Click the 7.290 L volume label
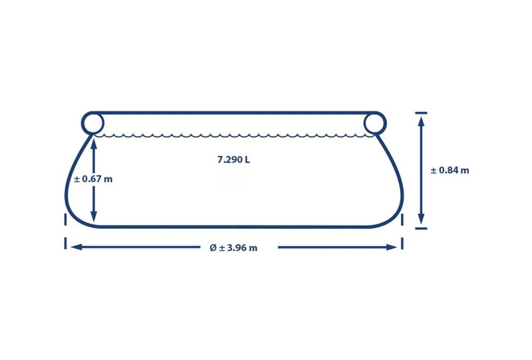tap(233, 159)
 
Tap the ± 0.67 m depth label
tap(93, 179)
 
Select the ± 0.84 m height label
tap(450, 170)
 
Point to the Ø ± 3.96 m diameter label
tap(233, 248)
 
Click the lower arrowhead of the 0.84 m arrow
tap(421, 219)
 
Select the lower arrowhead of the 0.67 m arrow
tap(94, 217)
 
